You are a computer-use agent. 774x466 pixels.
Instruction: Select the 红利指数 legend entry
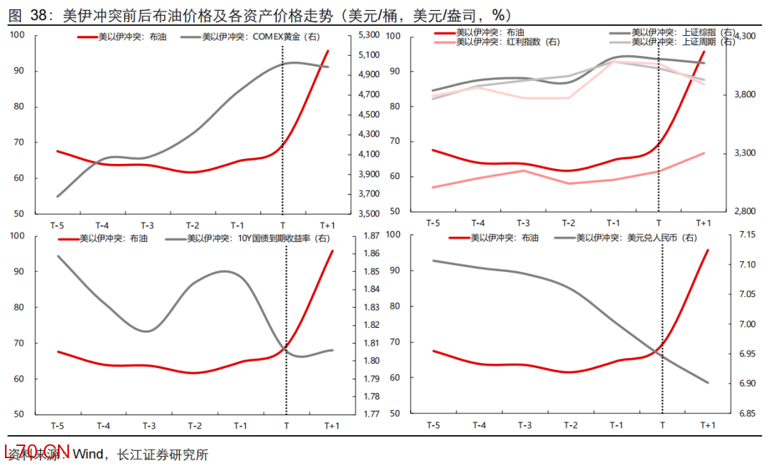tap(508, 42)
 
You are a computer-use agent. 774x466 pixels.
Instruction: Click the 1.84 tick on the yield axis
tap(371, 289)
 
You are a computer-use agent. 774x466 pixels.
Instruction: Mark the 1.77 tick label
tap(371, 414)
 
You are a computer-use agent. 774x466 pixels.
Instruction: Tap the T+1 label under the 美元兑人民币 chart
tap(707, 424)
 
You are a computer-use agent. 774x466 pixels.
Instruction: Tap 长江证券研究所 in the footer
tap(162, 454)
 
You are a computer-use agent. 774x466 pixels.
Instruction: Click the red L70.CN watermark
tap(37, 452)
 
